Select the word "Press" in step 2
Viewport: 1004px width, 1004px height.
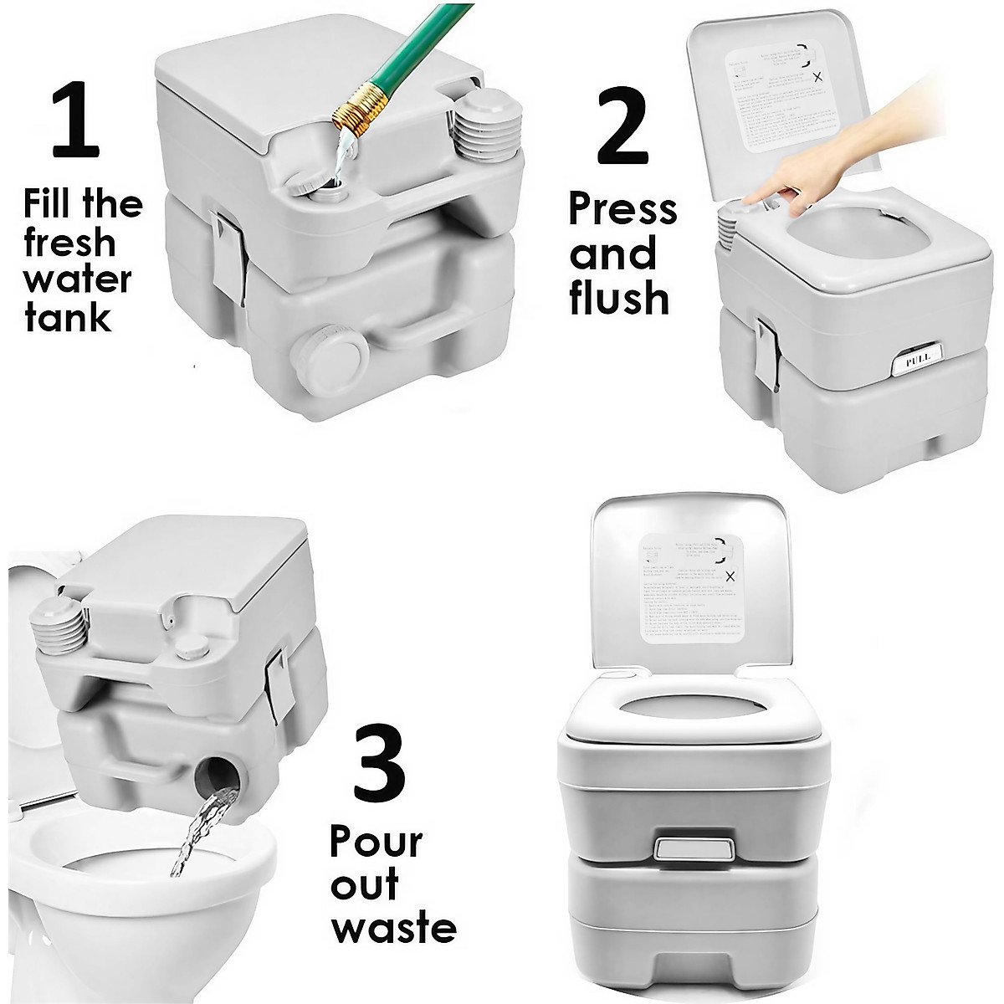point(622,209)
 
